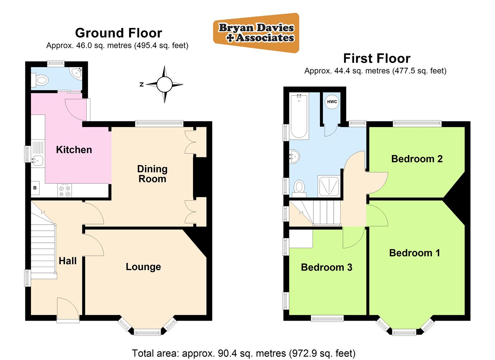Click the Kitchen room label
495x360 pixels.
[74, 150]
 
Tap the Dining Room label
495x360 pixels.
[152, 174]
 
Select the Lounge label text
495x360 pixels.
[143, 267]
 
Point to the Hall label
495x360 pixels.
[68, 261]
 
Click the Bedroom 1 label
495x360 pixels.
[414, 253]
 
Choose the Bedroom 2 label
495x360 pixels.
[417, 159]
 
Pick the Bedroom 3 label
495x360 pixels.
[326, 267]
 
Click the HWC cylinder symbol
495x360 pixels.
[332, 102]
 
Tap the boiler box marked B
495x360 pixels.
[35, 188]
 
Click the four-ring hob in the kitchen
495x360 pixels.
[65, 191]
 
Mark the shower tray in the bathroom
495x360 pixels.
[329, 185]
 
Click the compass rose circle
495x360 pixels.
[164, 84]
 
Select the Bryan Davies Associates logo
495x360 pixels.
[256, 33]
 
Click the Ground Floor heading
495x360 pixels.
[118, 33]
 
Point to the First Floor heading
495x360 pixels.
[377, 58]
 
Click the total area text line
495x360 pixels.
[243, 353]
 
